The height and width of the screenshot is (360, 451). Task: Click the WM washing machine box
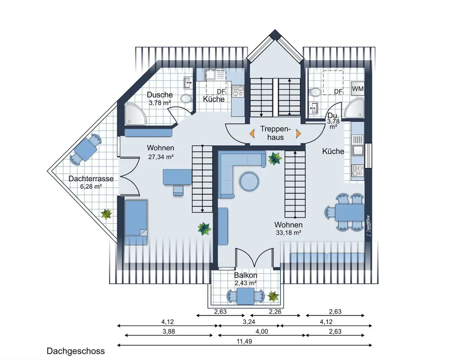tap(358, 88)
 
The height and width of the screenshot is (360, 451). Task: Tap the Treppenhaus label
tap(276, 133)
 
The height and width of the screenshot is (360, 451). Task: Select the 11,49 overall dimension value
tap(244, 342)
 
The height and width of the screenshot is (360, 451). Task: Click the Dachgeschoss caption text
tap(76, 351)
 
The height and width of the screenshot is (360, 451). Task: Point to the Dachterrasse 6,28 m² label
tap(91, 182)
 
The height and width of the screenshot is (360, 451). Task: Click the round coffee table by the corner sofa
tap(249, 182)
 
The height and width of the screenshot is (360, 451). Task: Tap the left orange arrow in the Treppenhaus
tap(252, 133)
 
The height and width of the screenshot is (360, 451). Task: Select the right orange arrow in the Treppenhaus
tap(298, 133)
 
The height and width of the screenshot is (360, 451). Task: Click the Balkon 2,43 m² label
tap(246, 279)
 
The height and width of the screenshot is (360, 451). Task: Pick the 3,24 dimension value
tap(249, 322)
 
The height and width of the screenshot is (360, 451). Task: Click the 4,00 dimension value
tap(262, 332)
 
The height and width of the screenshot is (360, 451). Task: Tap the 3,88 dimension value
tap(169, 332)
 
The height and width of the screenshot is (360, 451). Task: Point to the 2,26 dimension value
tap(275, 312)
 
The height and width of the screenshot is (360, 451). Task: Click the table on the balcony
tap(246, 296)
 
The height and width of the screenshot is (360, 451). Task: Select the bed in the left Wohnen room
tap(136, 222)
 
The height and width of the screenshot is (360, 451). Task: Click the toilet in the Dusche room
tap(187, 98)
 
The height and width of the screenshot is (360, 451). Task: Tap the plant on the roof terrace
tap(106, 214)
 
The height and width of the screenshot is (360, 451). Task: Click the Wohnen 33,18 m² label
tap(289, 228)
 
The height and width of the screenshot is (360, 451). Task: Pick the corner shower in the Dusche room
tap(135, 114)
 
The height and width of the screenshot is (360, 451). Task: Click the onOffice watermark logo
tap(368, 226)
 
